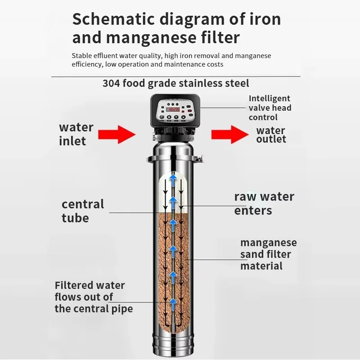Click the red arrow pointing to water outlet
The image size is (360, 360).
[228, 134]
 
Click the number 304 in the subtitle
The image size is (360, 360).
[111, 83]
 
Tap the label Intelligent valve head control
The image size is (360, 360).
[270, 108]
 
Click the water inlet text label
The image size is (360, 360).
[76, 134]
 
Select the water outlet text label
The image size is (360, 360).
[271, 135]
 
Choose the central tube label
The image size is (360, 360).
[82, 211]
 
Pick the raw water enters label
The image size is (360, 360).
[264, 203]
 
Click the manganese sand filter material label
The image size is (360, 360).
[268, 254]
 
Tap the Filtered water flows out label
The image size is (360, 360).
[94, 297]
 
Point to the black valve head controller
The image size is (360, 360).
[175, 111]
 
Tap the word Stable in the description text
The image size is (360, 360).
[81, 56]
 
